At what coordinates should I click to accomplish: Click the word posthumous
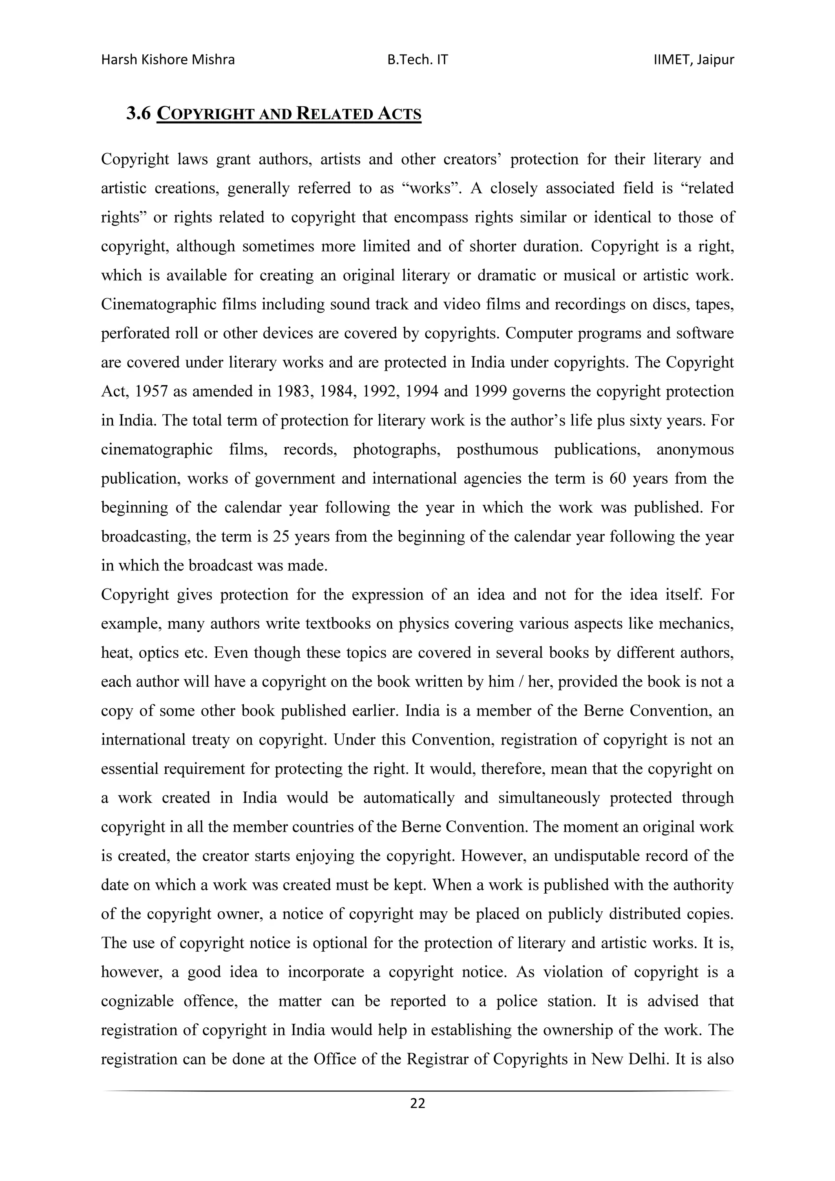pyautogui.click(x=497, y=449)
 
